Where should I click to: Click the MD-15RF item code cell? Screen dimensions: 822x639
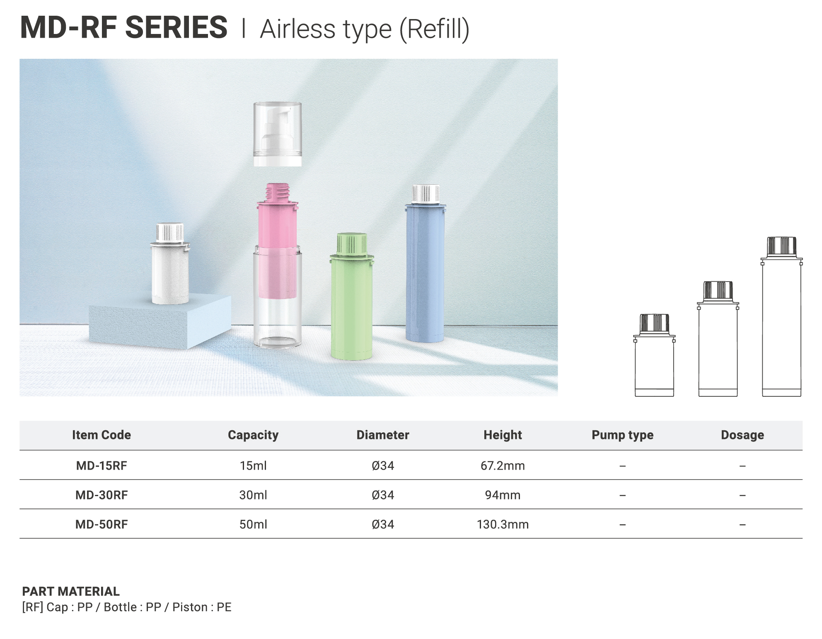[x=102, y=465]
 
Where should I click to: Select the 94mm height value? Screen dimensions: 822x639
[x=503, y=495]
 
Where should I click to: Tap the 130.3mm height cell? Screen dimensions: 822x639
[x=503, y=524]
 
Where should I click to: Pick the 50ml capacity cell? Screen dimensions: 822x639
[x=253, y=524]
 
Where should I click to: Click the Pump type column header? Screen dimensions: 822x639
[x=622, y=435]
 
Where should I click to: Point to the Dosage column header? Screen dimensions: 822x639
[x=742, y=435]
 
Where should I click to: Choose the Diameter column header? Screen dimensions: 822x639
[x=383, y=435]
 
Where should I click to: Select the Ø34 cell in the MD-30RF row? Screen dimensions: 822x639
[x=383, y=495]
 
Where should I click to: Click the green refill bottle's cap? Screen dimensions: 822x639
[x=352, y=244]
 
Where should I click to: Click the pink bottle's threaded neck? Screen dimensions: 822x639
[x=277, y=193]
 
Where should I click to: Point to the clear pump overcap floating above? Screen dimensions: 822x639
[x=278, y=134]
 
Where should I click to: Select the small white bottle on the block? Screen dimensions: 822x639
[x=170, y=264]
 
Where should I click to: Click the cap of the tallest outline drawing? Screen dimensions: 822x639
[x=781, y=247]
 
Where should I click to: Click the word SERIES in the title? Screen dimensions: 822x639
[x=176, y=27]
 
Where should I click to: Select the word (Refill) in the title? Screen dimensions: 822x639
[x=434, y=29]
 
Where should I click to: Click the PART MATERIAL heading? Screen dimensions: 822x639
[x=71, y=591]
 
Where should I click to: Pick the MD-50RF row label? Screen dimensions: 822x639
[x=102, y=524]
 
